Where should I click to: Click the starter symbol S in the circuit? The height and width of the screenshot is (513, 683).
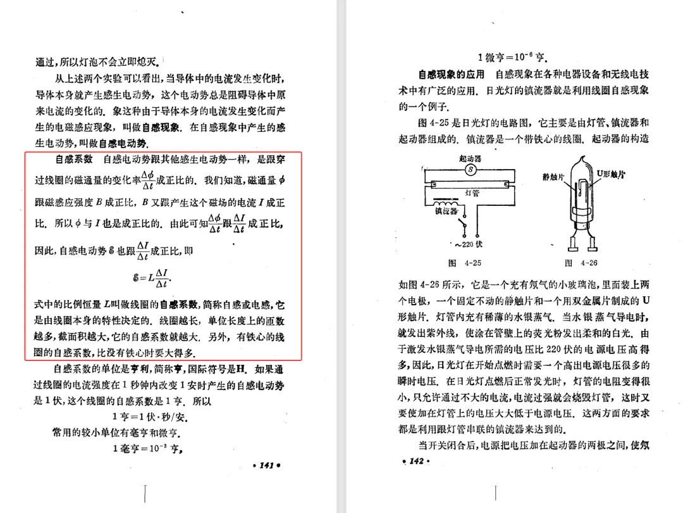pos(471,170)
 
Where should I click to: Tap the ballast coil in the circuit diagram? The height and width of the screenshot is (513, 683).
pos(446,205)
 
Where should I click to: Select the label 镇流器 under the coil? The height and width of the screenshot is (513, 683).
pos(446,212)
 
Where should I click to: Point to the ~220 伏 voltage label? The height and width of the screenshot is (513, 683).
pos(469,245)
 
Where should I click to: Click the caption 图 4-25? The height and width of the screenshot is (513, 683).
pos(464,263)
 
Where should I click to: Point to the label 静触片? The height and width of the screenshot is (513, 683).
pos(553,177)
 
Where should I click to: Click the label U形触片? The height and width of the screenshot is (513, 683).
pos(610,174)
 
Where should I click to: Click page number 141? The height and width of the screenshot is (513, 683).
pos(266,465)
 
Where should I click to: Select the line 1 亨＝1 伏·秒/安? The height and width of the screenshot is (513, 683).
pos(149,418)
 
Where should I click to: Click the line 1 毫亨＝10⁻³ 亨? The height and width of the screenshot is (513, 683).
pos(147,449)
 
